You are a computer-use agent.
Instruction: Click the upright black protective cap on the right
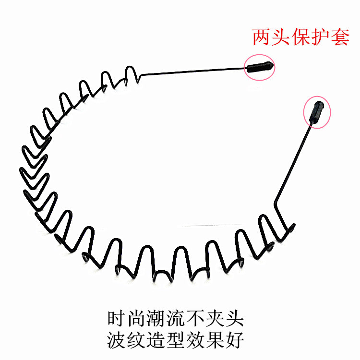pyautogui.click(x=317, y=111)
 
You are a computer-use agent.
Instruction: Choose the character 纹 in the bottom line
pyautogui.click(x=136, y=340)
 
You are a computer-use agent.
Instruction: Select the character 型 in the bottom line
pyautogui.click(x=176, y=340)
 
